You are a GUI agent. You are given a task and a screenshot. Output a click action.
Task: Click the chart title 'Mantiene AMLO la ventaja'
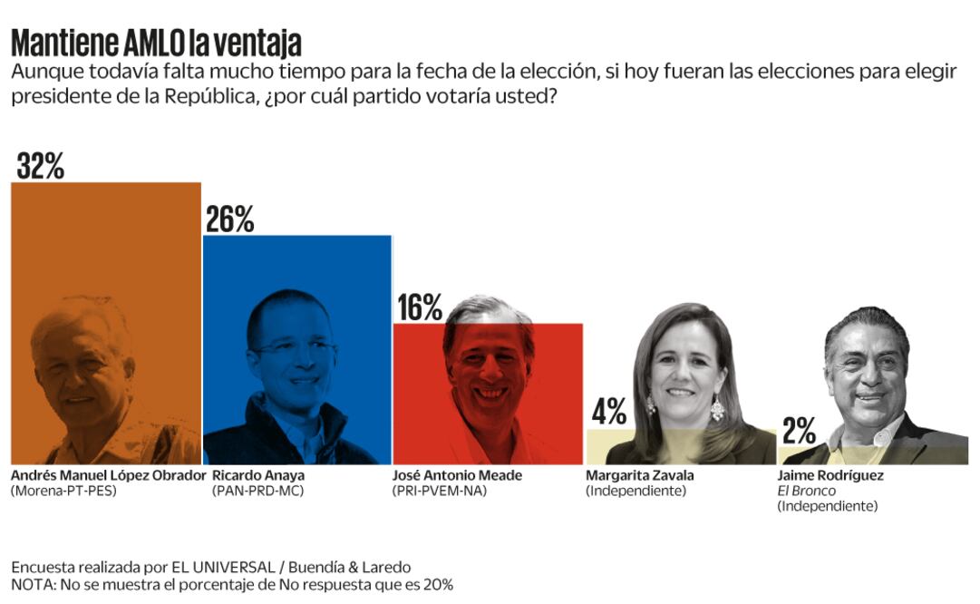(x=156, y=43)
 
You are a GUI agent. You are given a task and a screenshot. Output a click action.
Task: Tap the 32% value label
(x=41, y=166)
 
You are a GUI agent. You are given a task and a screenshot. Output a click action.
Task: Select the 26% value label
(x=229, y=219)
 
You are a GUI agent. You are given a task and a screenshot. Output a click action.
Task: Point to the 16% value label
(x=419, y=308)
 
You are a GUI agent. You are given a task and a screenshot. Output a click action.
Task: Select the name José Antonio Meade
(x=459, y=475)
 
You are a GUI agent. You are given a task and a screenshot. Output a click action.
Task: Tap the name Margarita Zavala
(x=639, y=475)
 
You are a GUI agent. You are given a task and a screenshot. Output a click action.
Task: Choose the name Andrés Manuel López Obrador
(x=109, y=475)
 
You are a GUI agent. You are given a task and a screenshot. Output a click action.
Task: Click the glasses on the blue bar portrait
(x=296, y=347)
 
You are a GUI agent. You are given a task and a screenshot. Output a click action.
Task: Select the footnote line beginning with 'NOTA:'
(x=232, y=585)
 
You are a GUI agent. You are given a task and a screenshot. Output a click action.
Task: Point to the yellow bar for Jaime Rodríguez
(x=798, y=454)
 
